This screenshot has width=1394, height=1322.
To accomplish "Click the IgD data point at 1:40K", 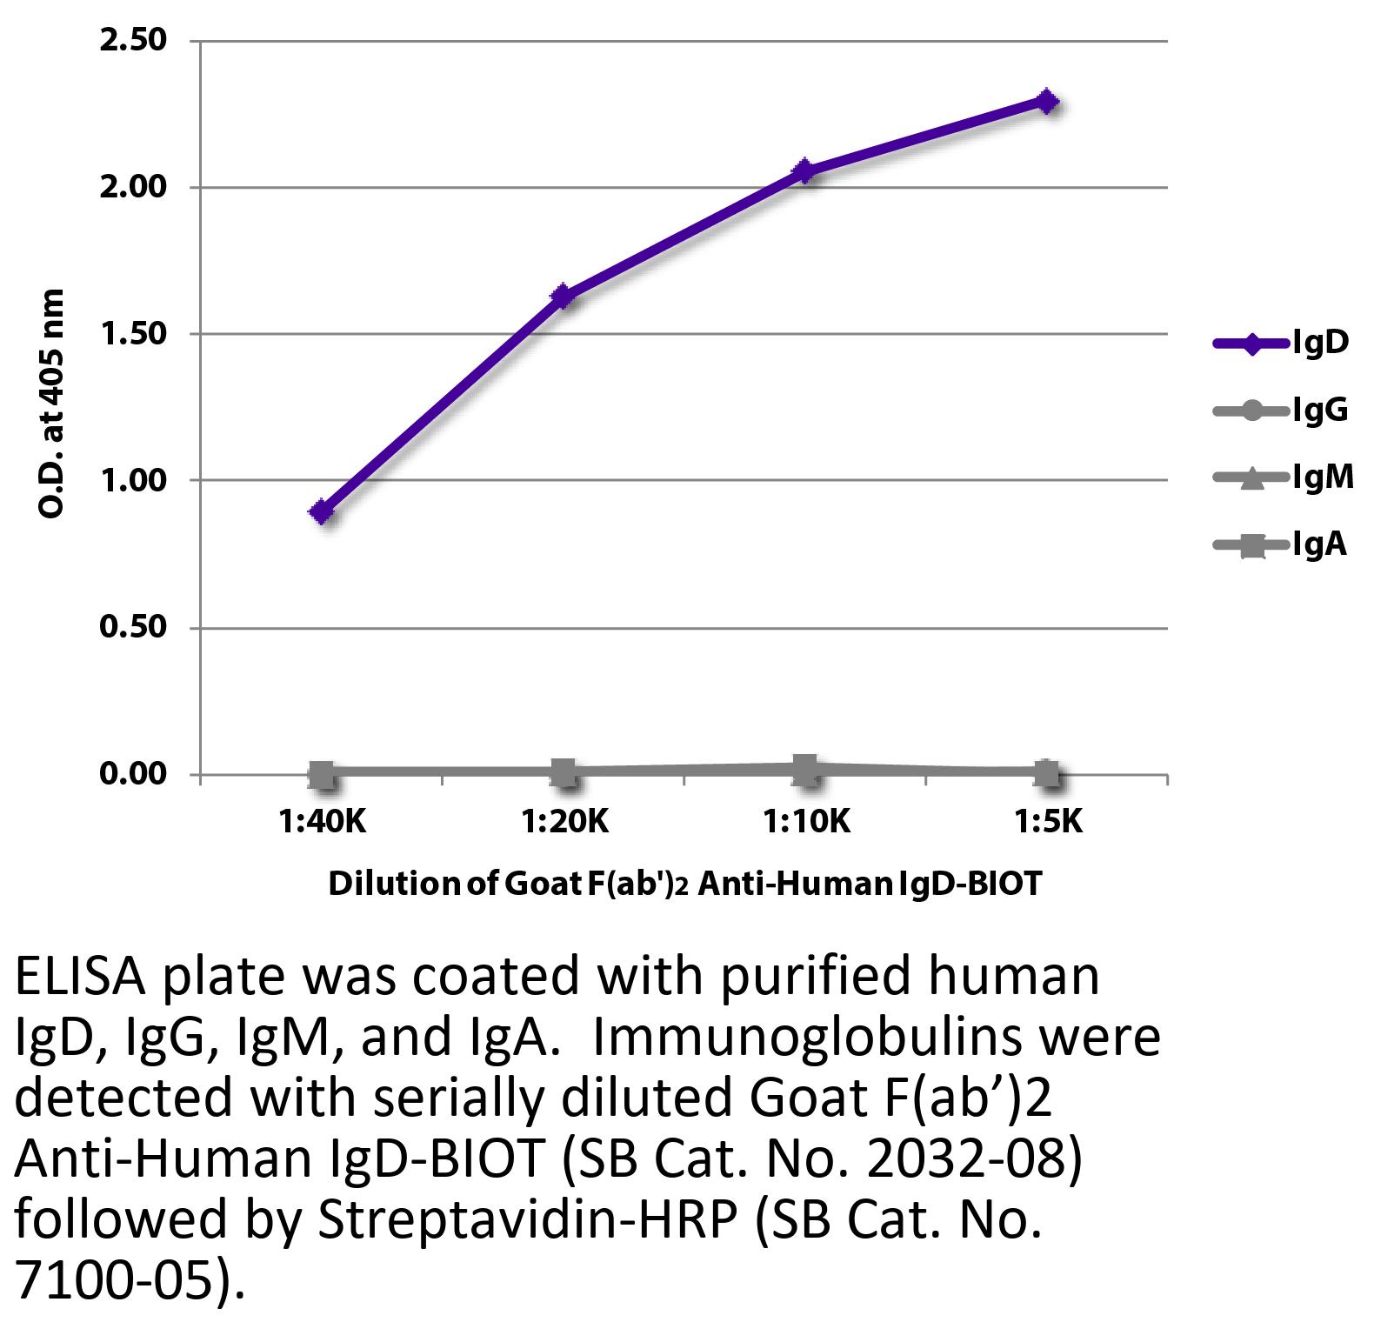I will coord(322,511).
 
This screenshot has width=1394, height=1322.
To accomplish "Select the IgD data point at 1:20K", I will coord(564,297).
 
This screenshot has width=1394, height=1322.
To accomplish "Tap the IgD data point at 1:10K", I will coord(805,170).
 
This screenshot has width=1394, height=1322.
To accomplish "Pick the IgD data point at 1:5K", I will coord(1047,101).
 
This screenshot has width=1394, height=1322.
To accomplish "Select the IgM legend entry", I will coord(1284,477).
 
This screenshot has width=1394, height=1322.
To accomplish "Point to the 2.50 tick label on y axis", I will coord(133,40).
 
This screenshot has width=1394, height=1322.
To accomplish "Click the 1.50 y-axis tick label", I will coord(133,334).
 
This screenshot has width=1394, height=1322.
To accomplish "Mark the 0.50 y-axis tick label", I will coord(133,627).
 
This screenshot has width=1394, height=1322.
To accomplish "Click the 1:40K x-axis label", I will coord(323,821).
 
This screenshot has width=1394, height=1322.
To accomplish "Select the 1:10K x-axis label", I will coord(807,821).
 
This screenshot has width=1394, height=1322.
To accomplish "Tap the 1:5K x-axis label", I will coord(1048,821).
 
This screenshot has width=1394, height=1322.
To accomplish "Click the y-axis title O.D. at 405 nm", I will coord(52,404).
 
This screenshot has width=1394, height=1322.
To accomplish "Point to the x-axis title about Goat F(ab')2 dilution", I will coord(684,884).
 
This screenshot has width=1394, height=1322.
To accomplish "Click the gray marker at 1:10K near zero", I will coord(805,769).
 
